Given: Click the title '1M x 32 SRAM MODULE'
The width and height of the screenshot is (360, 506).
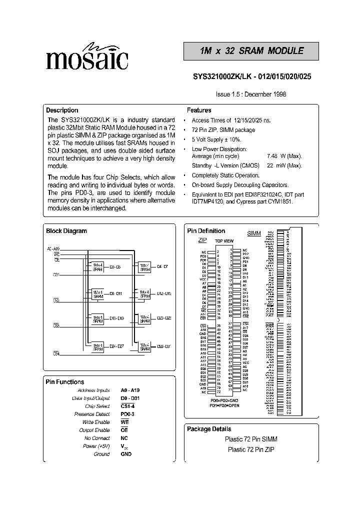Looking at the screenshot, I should pyautogui.click(x=251, y=51).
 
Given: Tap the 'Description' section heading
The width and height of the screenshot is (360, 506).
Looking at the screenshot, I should pyautogui.click(x=62, y=110).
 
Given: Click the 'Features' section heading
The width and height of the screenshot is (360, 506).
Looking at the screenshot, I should pyautogui.click(x=199, y=110).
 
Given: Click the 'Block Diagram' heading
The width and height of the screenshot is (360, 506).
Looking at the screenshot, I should pyautogui.click(x=66, y=231).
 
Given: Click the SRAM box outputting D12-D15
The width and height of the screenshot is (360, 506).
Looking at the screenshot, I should pyautogui.click(x=144, y=294).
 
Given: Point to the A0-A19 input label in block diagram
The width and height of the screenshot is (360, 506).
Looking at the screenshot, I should pyautogui.click(x=53, y=248).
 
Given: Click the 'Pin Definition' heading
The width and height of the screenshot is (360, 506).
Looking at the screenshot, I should pyautogui.click(x=206, y=231).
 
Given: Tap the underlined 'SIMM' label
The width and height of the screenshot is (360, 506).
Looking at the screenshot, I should pyautogui.click(x=254, y=233).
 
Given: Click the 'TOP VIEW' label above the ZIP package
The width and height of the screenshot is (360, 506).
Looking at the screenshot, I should pyautogui.click(x=224, y=241).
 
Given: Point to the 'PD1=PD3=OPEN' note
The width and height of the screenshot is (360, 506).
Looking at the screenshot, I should pyautogui.click(x=225, y=405).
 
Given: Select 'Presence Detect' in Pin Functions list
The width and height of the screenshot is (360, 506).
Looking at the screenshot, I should pyautogui.click(x=93, y=414).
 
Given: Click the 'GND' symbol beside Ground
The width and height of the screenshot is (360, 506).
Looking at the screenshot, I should pyautogui.click(x=126, y=454).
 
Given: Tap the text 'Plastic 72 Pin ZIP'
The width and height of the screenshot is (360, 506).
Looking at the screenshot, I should pyautogui.click(x=252, y=449).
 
